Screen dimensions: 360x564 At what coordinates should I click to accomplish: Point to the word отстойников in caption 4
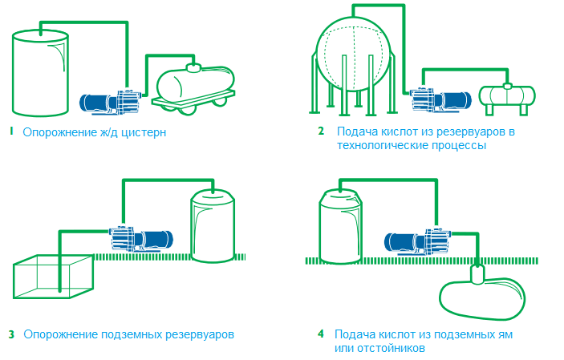tap(394, 349)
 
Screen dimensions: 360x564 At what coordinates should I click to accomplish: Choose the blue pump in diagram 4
tap(418, 241)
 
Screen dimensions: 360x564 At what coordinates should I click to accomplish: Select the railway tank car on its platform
tap(193, 84)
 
